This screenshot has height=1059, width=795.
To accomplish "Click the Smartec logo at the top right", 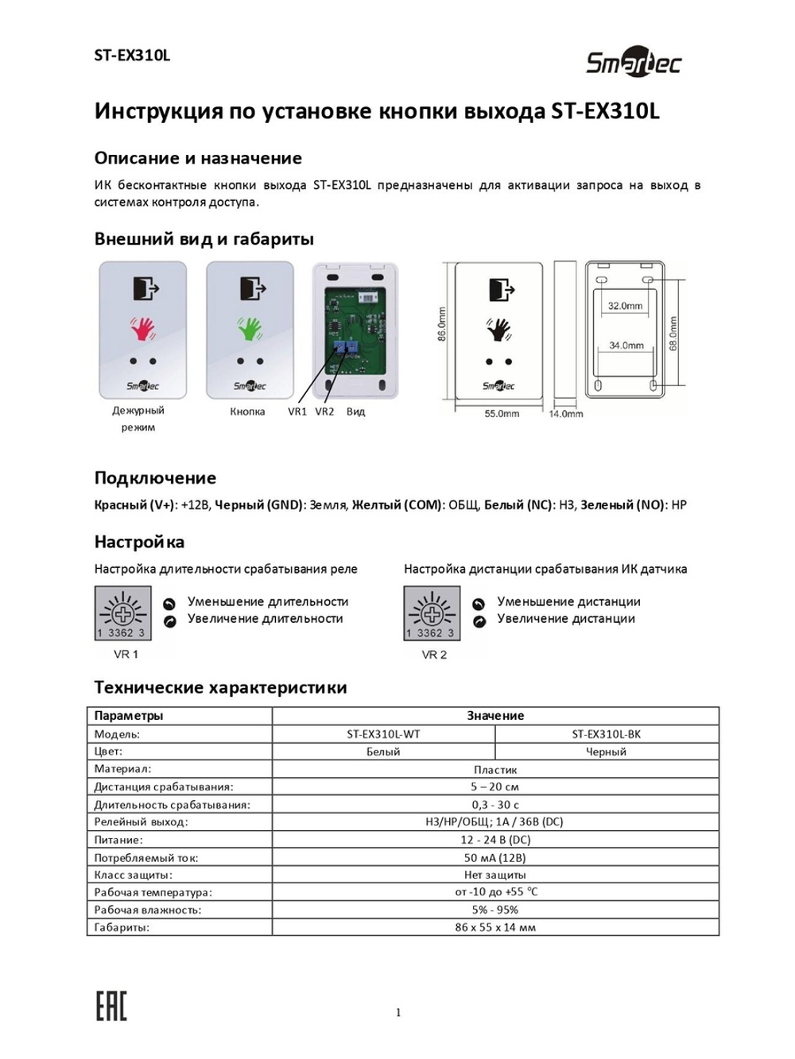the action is coord(634,63).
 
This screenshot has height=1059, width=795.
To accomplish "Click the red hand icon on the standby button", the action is coord(143,328).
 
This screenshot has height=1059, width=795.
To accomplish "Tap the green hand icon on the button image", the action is coord(250,328).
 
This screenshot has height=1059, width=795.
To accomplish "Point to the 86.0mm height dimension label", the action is coord(442,324).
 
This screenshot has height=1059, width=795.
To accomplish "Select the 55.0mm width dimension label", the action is coord(502,414).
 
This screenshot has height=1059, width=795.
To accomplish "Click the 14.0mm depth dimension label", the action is coord(565,414).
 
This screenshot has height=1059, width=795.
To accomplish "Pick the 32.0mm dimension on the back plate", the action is coord(625,306).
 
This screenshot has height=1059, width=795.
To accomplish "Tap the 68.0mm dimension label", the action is coord(673,333).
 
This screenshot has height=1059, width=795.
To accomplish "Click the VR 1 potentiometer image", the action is coord(122,613).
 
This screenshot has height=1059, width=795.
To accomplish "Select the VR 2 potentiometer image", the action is coord(432,613).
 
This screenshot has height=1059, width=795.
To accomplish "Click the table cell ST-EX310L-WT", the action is coord(383,734).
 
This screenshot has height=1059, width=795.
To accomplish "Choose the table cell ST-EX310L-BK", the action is coord(606,734).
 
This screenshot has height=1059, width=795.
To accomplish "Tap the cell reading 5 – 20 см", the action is coord(494,787).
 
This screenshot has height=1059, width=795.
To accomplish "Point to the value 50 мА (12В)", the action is coord(494,858).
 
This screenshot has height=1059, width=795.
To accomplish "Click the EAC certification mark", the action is coord(111,1006).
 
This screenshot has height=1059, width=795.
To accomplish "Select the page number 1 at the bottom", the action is coord(398,1012).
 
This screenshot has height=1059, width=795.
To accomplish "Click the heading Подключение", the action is coord(155,478).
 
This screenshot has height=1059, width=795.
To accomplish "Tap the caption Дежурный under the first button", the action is coord(138,411).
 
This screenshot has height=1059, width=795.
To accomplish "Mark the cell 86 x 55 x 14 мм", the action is coord(494,927).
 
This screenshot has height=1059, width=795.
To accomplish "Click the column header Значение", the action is coord(494,716).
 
